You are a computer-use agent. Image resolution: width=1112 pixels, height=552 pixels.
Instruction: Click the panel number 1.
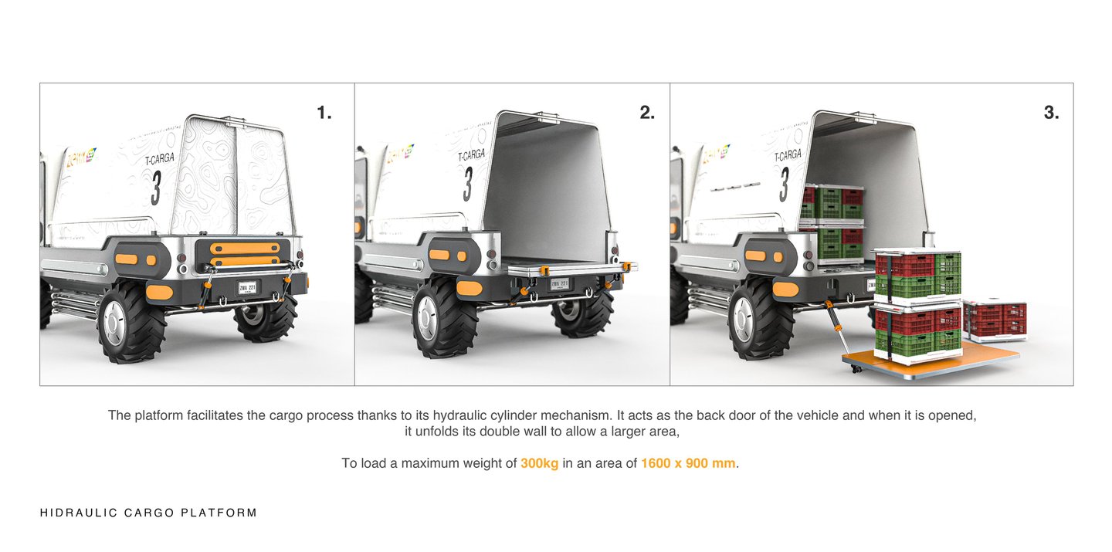click(324, 113)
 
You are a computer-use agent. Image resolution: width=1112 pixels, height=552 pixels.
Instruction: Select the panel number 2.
click(646, 113)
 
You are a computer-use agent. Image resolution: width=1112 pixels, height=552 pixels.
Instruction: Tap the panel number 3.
click(1051, 113)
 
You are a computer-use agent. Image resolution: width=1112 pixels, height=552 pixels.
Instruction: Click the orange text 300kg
click(539, 464)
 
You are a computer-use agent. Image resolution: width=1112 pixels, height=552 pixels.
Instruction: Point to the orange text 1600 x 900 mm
click(688, 464)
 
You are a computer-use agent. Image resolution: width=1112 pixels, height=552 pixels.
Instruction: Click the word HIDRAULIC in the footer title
click(76, 513)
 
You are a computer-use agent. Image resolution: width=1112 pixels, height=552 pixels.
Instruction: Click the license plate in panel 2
click(559, 283)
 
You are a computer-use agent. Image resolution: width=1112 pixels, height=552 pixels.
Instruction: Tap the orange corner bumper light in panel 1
click(159, 293)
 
